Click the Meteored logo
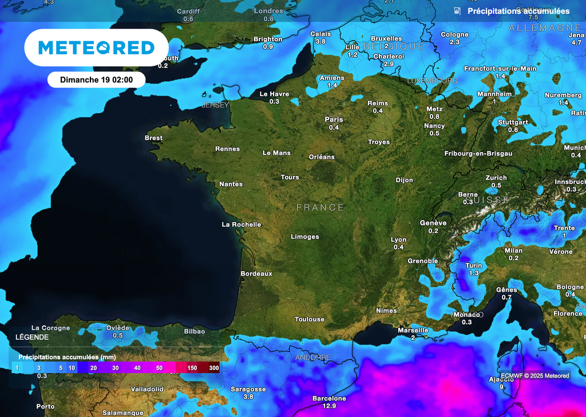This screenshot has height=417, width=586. click(x=96, y=47)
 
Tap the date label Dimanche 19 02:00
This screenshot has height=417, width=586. click(x=96, y=80)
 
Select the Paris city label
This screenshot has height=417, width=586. click(x=334, y=120)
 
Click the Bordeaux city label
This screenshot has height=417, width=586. click(x=256, y=273)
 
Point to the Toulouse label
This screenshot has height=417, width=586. click(x=310, y=319)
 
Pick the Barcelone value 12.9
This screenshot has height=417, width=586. click(x=329, y=406)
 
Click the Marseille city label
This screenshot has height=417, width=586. click(x=413, y=330)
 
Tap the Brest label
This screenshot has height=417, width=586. click(x=153, y=138)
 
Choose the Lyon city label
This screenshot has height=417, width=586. click(x=398, y=240)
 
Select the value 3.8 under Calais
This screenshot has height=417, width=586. click(x=320, y=42)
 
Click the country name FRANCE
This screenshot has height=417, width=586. click(x=320, y=208)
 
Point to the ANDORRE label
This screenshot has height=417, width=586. click(x=313, y=358)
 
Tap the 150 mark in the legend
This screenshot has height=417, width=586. click(x=192, y=368)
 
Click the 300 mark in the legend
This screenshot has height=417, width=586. click(x=213, y=368)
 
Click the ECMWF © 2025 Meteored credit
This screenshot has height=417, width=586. click(x=534, y=376)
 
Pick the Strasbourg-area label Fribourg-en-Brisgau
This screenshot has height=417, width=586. click(x=478, y=153)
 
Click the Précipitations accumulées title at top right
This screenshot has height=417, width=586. click(x=518, y=11)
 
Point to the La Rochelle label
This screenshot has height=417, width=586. click(x=241, y=224)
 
